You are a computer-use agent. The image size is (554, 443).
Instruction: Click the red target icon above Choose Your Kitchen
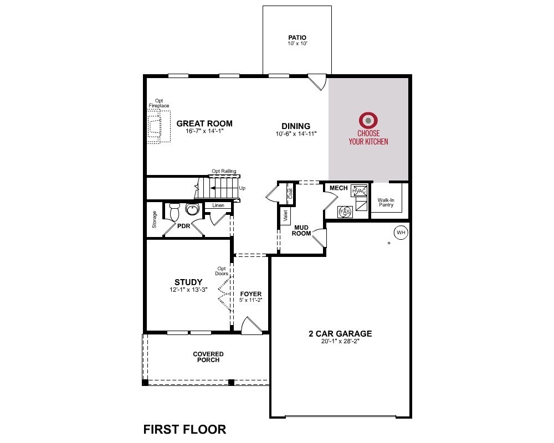click(x=368, y=120)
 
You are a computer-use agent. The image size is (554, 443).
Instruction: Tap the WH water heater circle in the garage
click(x=401, y=233)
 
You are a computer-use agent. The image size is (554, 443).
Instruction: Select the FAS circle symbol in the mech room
click(x=344, y=212)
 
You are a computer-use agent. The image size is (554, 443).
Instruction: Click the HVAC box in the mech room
click(x=359, y=191)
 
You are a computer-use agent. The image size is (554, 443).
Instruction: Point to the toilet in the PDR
click(x=175, y=212)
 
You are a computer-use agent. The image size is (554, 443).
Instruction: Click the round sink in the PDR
click(x=192, y=209)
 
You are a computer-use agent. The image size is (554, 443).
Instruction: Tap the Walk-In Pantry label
click(x=386, y=202)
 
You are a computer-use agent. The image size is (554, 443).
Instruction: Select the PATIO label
click(x=297, y=38)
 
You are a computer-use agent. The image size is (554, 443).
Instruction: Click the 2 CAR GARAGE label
click(x=340, y=334)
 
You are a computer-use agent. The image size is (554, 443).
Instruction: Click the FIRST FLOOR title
click(x=184, y=429)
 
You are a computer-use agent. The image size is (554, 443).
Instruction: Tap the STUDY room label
click(x=188, y=282)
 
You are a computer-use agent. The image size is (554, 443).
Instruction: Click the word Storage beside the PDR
click(x=155, y=220)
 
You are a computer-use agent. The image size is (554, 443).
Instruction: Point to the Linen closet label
click(x=218, y=205)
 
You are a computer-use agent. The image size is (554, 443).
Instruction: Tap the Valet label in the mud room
click(x=285, y=216)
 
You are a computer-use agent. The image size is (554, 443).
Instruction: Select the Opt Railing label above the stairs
click(x=224, y=172)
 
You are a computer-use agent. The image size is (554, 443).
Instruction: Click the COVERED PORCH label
click(x=208, y=357)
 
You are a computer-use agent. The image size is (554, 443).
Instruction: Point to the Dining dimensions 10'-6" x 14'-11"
click(x=296, y=134)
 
